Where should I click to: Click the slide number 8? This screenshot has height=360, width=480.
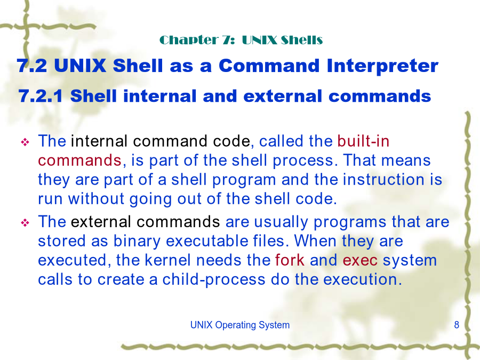(457, 325)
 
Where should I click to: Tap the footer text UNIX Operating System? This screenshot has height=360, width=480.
(239, 325)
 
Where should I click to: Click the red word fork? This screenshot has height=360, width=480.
(290, 260)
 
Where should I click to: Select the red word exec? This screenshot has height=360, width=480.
(360, 260)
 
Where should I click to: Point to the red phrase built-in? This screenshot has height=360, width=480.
(363, 141)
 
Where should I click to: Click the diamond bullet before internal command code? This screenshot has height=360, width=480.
(25, 142)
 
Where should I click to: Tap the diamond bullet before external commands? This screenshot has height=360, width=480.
(25, 222)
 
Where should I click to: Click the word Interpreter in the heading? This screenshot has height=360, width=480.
(382, 67)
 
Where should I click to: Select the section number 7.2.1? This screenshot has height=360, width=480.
(41, 96)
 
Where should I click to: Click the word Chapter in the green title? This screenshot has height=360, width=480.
(189, 40)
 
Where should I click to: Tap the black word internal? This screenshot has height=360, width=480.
(99, 141)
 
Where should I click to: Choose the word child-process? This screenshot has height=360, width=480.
(214, 279)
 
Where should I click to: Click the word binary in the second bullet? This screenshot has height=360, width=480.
(137, 241)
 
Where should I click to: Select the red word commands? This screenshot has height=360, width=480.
(80, 161)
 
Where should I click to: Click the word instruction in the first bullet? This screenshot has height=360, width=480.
(384, 180)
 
